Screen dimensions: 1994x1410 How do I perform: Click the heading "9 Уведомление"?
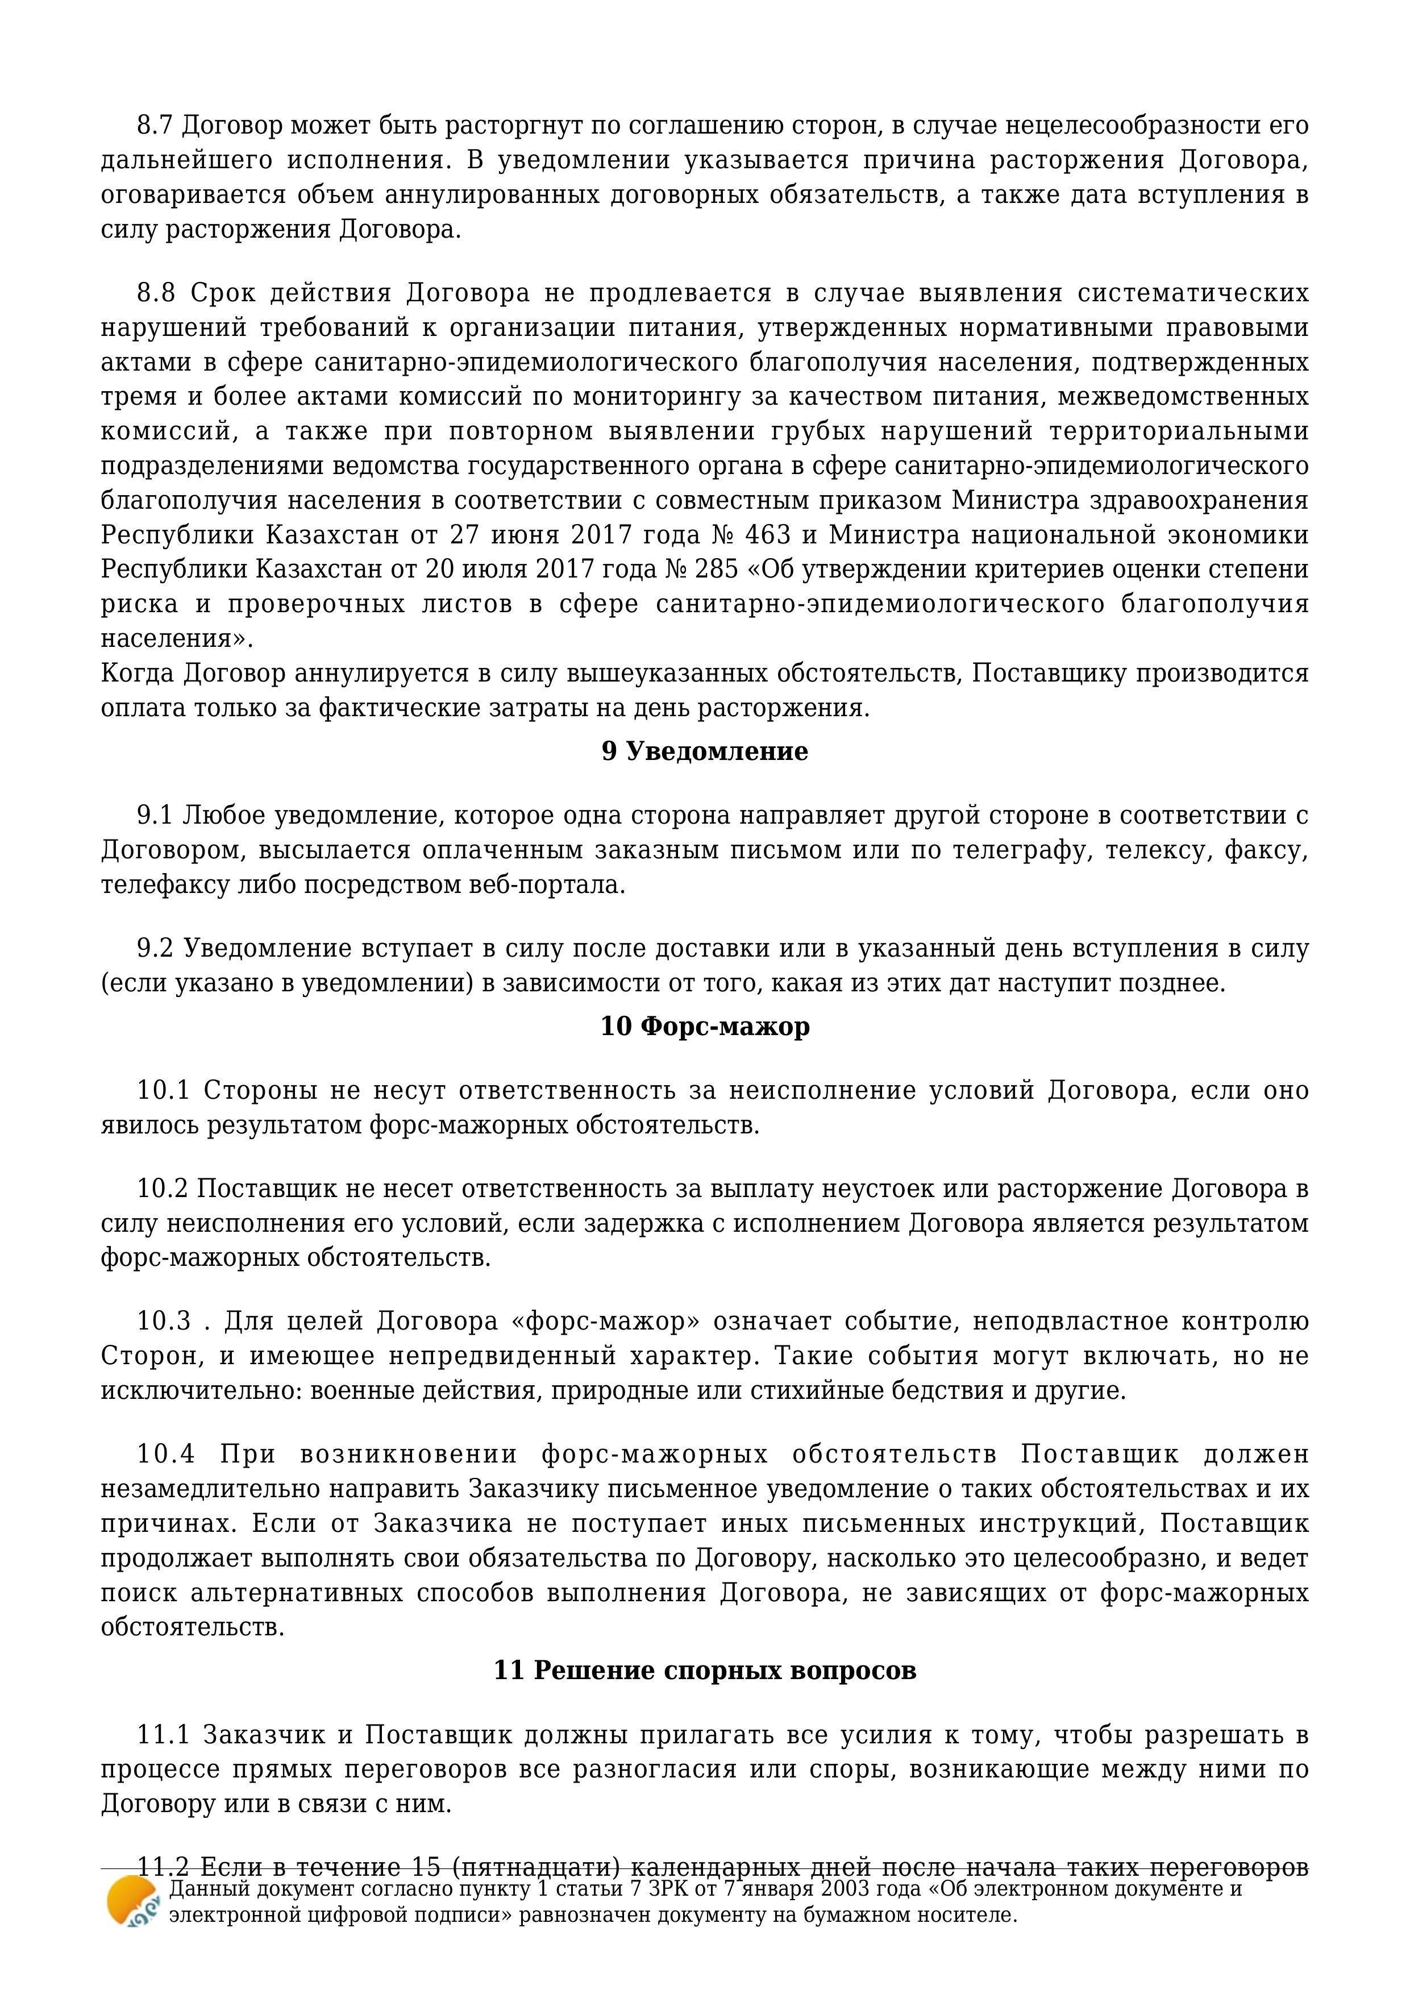704,751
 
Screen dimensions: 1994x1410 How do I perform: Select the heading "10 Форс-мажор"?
705,1027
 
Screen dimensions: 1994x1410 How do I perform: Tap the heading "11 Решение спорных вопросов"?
704,1670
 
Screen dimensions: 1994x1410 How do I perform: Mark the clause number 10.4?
165,1454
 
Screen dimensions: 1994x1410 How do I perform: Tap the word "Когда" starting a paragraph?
139,674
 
